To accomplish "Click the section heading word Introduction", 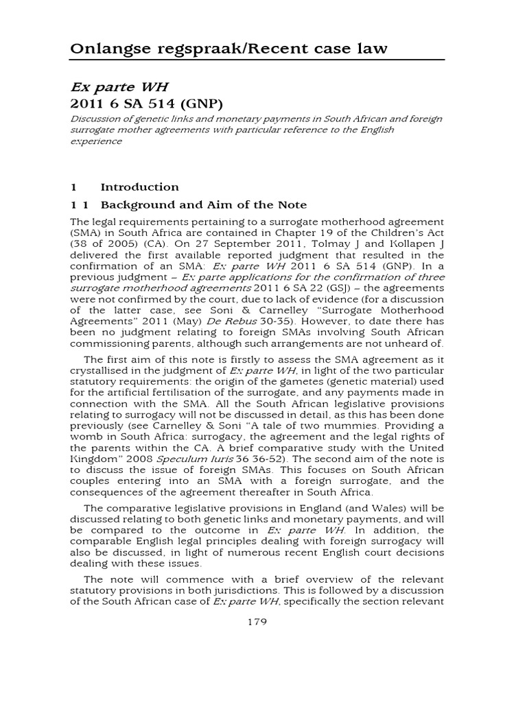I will pos(139,187).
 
